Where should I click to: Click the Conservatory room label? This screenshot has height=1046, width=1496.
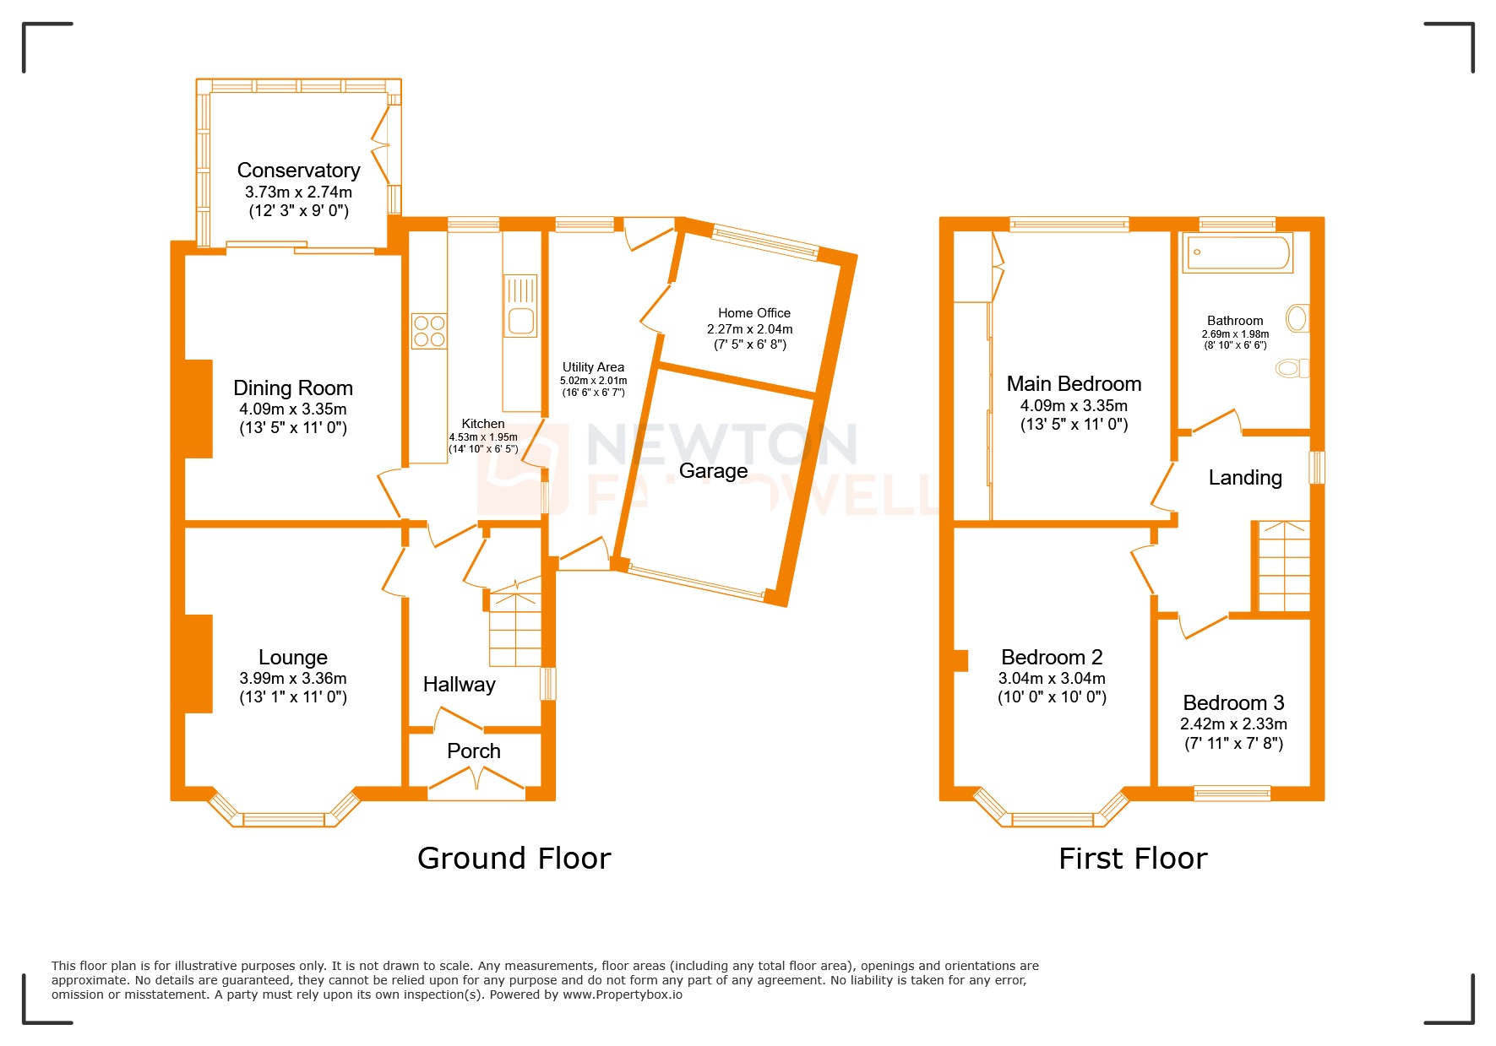[298, 171]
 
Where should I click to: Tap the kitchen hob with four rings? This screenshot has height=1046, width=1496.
[429, 331]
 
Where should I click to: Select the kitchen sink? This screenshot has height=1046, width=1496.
[520, 321]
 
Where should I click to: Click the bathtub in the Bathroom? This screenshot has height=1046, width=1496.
[1238, 252]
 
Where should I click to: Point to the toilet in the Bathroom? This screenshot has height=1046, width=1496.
[1292, 368]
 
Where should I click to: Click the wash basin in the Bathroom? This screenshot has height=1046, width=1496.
[1297, 318]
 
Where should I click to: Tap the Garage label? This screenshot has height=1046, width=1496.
[713, 471]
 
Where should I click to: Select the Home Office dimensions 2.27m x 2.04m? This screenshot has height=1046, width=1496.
[749, 329]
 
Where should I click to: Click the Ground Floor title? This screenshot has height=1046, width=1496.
[514, 859]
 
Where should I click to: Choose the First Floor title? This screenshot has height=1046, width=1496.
[1132, 859]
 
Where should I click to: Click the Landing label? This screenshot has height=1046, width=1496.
[1244, 478]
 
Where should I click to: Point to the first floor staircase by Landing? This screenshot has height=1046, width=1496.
[1284, 566]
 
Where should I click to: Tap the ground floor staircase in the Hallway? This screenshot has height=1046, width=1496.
[514, 629]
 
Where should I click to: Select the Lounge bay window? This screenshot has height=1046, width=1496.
[284, 818]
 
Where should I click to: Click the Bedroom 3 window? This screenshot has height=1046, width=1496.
[1232, 793]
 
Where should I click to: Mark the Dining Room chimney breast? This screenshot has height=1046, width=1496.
[199, 409]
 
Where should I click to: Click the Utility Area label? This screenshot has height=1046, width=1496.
[593, 367]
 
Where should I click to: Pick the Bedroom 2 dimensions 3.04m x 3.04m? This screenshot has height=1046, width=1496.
[1051, 678]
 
